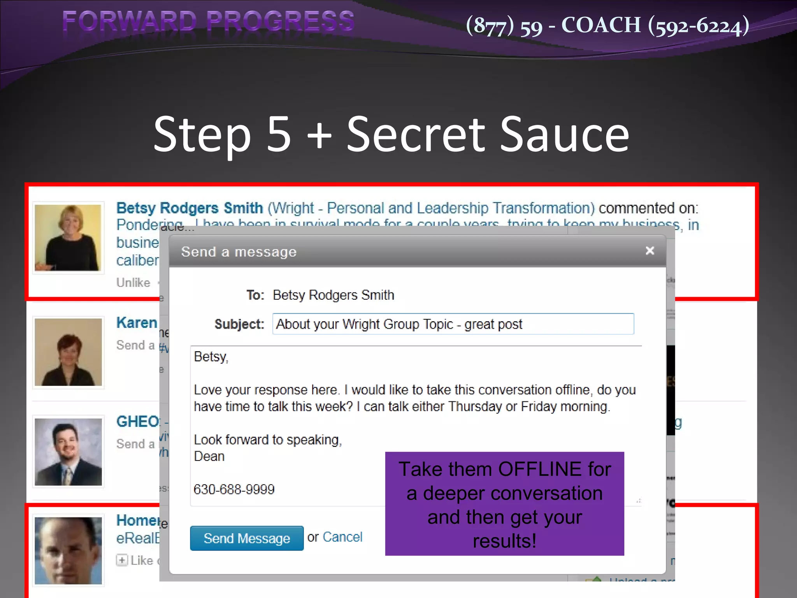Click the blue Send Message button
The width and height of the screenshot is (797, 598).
tap(247, 538)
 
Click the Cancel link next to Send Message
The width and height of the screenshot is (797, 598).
tap(342, 537)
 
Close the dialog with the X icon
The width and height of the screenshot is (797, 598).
tap(650, 251)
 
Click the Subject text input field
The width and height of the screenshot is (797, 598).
tap(453, 324)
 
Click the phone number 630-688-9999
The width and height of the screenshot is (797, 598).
tap(234, 489)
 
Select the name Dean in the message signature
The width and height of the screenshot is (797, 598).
tap(209, 456)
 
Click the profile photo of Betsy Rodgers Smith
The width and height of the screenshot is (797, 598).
tap(68, 237)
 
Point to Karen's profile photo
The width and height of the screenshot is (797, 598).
tap(68, 352)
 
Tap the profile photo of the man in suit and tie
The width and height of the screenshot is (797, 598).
tap(68, 452)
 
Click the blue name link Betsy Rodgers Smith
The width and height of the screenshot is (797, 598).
tap(190, 208)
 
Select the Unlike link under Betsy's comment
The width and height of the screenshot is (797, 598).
tap(133, 282)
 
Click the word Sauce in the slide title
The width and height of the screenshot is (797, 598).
tap(564, 134)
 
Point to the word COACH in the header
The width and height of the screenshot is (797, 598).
tap(601, 25)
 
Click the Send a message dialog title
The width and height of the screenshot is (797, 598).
tap(239, 252)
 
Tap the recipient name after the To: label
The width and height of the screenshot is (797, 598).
tap(333, 295)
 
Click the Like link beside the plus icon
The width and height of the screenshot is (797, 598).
tap(142, 560)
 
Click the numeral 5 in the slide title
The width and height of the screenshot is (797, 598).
tap(279, 134)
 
